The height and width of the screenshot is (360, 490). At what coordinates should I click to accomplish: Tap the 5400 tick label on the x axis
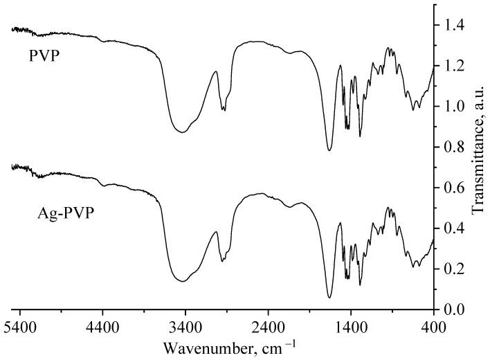tap(19, 323)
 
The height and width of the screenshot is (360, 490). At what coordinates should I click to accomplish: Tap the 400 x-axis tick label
tap(434, 323)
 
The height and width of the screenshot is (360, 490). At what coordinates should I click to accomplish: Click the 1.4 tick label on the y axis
tap(454, 26)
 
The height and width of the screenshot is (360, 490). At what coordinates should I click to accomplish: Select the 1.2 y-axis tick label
tap(454, 66)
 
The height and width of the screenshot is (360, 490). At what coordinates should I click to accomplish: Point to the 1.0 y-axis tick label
tap(454, 107)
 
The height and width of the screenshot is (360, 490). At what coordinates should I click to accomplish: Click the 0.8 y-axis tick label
tap(454, 147)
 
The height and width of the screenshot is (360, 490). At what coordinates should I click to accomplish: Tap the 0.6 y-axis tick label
tap(454, 188)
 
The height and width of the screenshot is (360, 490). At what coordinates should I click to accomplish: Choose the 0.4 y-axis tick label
tap(454, 228)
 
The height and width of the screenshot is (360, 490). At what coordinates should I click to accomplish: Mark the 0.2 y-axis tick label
tap(454, 269)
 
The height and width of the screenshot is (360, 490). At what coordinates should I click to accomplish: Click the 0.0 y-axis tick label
tap(454, 309)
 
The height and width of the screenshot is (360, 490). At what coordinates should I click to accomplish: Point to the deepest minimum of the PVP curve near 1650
tap(329, 150)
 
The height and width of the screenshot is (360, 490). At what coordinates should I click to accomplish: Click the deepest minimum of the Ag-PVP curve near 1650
tap(329, 298)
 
